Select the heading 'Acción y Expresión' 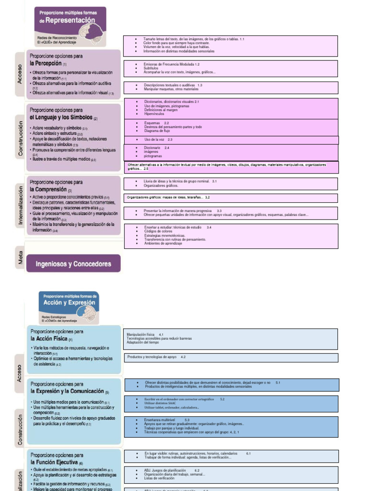(x=69, y=303)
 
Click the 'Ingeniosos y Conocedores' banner (x=73, y=264)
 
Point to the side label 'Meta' (x=20, y=258)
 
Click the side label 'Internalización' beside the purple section (x=20, y=205)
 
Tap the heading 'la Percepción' (x=46, y=63)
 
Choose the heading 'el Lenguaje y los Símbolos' (x=61, y=117)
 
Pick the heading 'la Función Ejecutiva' (x=56, y=462)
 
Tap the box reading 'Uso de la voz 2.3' (x=158, y=140)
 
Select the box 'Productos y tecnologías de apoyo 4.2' (x=157, y=357)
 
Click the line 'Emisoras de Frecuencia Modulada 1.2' (x=171, y=64)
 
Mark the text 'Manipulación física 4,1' (x=145, y=334)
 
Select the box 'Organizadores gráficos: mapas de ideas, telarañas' (x=168, y=198)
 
